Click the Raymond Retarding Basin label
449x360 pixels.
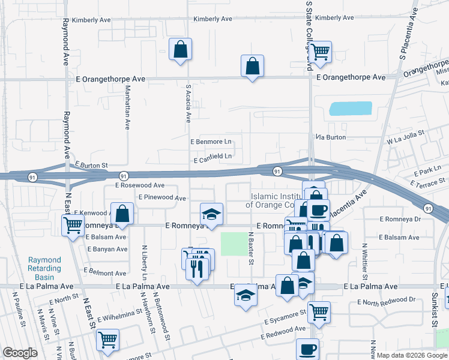tap(45, 268)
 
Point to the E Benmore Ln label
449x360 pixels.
tap(211, 142)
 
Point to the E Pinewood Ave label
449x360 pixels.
tap(162, 197)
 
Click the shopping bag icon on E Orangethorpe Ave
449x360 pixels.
tap(253, 65)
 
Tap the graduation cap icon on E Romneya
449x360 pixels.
tap(211, 214)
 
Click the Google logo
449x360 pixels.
tap(20, 353)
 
